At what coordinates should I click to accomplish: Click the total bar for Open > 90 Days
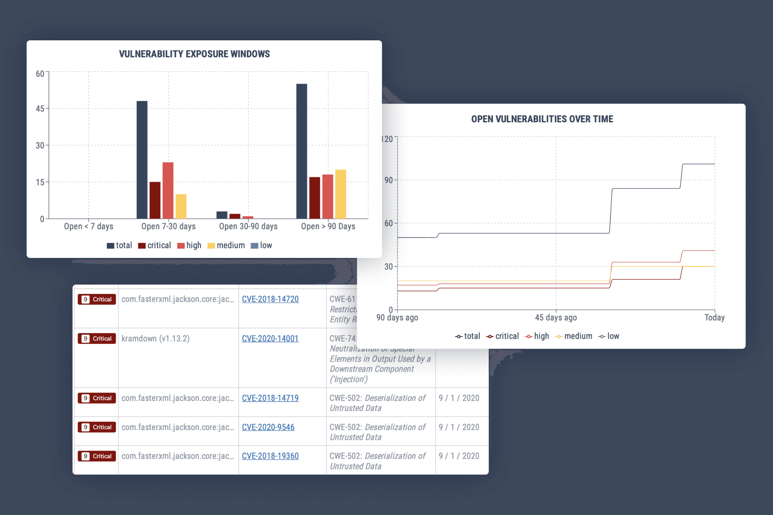(301, 151)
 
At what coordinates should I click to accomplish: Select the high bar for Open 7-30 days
(168, 190)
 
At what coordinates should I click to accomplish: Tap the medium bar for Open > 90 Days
(341, 194)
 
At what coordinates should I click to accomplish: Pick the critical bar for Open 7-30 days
(155, 200)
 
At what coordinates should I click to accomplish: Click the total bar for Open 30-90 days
(222, 215)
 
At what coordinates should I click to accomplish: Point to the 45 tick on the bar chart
(40, 109)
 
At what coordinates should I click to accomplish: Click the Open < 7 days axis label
(88, 226)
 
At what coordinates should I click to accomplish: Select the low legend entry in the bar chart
(262, 245)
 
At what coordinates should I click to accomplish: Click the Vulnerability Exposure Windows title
(194, 54)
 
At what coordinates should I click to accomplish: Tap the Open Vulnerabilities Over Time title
(542, 119)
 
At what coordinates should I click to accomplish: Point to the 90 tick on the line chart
(388, 180)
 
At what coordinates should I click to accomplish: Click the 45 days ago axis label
(556, 318)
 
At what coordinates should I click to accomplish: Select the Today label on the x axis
(714, 318)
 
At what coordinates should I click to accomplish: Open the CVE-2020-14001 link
(270, 339)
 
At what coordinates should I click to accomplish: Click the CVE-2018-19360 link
(270, 456)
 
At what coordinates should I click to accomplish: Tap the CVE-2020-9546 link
(268, 427)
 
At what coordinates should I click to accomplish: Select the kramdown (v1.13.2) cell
(155, 339)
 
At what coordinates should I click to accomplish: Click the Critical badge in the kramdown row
(97, 339)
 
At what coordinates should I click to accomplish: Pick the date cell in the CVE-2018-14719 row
(459, 398)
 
